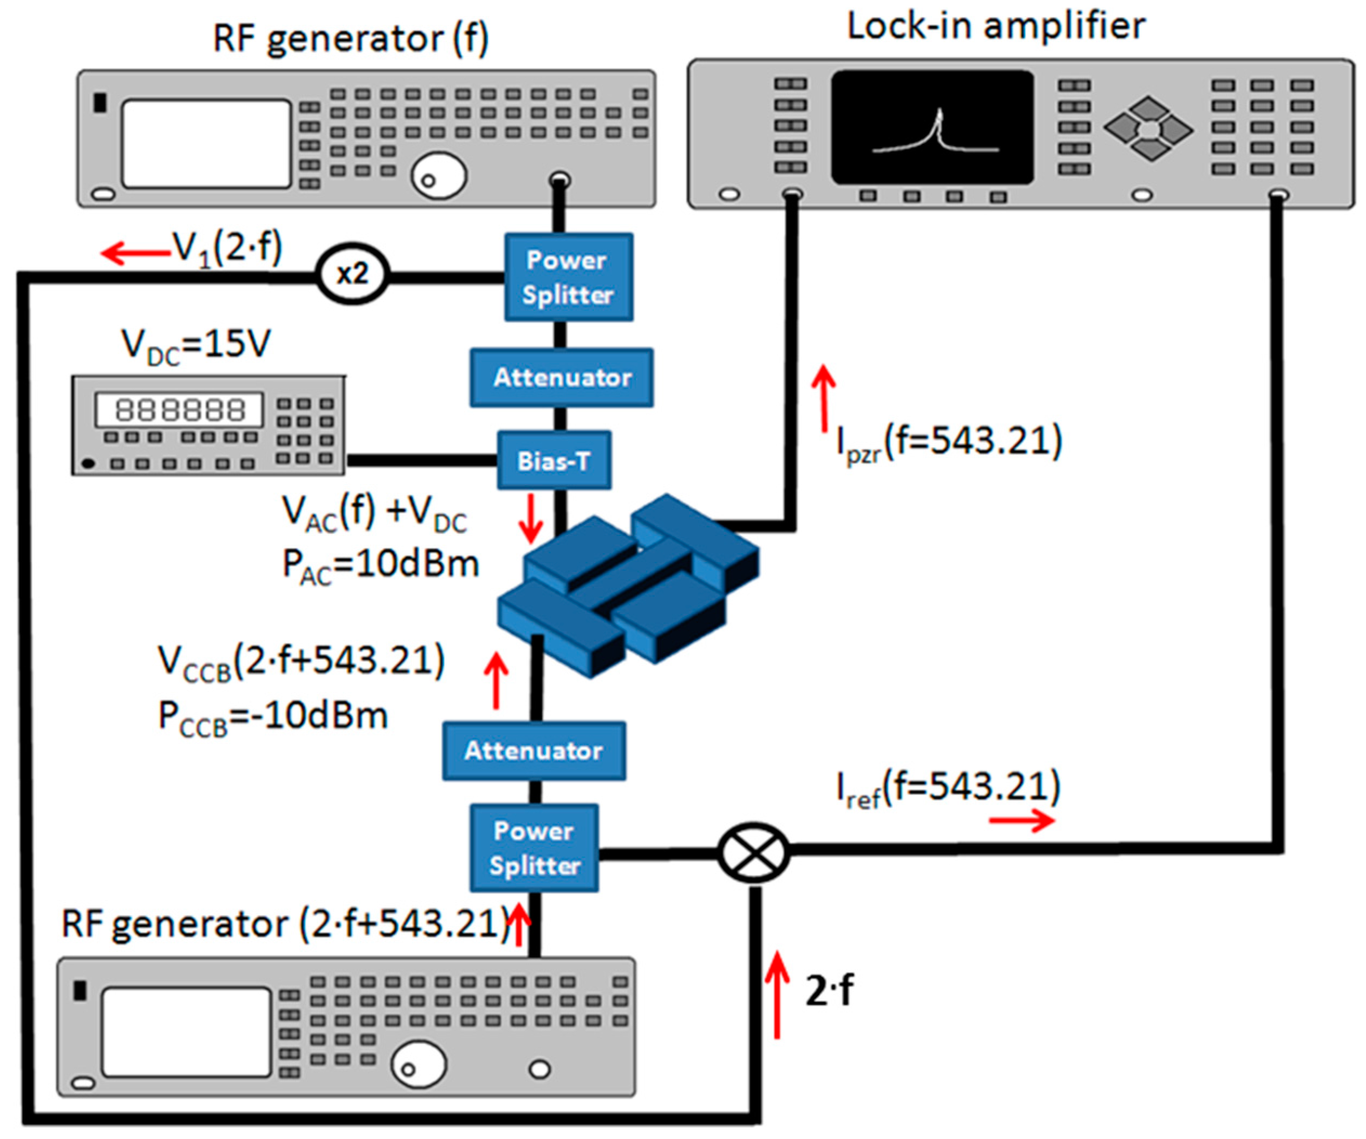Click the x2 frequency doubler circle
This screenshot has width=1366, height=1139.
coord(352,274)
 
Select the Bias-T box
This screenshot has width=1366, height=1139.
coord(554,460)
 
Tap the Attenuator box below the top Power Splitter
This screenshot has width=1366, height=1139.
coord(561,378)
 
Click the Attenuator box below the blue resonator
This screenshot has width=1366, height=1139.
coord(534,751)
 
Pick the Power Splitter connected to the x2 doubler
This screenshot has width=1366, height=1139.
coord(568,277)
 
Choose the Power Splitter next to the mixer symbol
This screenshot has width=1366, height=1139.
coord(534,847)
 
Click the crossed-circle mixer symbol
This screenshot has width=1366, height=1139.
coord(753,852)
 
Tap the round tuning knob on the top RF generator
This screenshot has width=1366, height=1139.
coord(438,176)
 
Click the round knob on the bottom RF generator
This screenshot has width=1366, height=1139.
coord(418,1064)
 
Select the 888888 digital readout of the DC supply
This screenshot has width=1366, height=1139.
coord(180,409)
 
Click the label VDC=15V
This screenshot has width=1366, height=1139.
coord(195,345)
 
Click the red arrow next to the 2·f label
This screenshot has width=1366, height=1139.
coord(776,995)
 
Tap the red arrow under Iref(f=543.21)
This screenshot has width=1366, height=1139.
coord(1021,821)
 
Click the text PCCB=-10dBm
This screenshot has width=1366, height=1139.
coord(273,717)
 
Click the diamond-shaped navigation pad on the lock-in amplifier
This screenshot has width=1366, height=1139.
coord(1148,129)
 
